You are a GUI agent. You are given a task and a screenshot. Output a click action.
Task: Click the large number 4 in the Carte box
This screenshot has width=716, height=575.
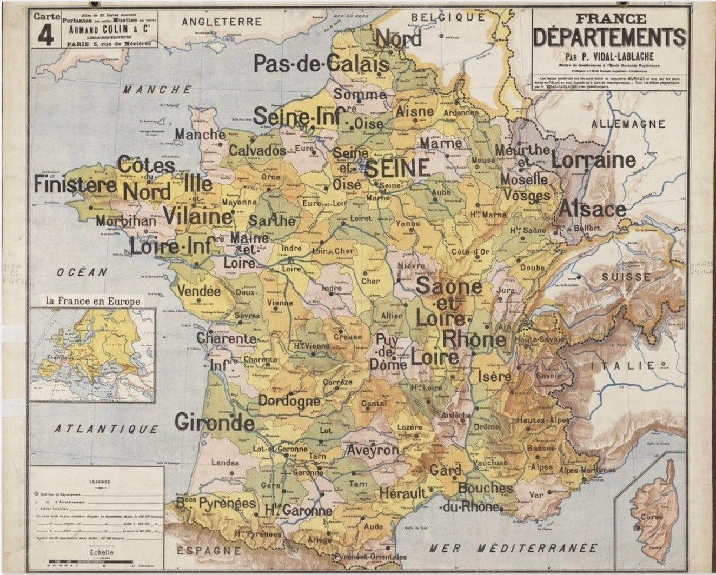point(48,36)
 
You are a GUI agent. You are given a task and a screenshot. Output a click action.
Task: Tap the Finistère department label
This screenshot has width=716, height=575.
point(75,184)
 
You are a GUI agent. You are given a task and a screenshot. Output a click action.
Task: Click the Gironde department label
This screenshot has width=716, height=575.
point(215,422)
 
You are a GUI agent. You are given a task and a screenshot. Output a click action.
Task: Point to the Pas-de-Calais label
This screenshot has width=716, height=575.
point(321,64)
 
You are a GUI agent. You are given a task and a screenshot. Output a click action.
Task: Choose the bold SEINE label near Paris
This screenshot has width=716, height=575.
point(397,168)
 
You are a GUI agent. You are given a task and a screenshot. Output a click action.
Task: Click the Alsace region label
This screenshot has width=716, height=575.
point(592,209)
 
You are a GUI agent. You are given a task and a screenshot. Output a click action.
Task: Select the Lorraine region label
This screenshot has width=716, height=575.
point(593,159)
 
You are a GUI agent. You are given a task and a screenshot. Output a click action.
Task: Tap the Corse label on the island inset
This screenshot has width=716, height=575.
point(651,517)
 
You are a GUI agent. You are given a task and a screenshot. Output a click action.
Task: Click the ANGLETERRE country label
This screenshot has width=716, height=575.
point(222,22)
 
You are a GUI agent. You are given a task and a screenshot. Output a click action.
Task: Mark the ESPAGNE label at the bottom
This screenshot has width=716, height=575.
point(209,551)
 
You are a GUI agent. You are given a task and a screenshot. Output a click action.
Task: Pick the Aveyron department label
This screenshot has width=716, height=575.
point(373,450)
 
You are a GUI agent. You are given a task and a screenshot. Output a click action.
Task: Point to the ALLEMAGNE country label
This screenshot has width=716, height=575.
point(628,124)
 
